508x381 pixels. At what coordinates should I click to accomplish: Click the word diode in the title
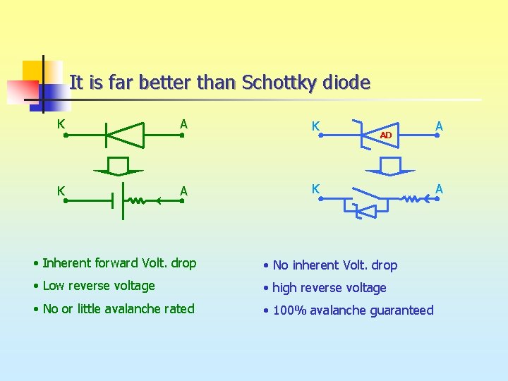pos(346,83)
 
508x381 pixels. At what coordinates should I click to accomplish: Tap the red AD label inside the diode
pos(385,135)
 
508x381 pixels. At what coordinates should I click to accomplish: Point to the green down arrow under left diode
pos(119,166)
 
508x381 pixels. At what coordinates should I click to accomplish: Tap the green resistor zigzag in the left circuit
pos(139,201)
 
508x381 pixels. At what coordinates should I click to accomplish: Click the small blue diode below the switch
pos(366,211)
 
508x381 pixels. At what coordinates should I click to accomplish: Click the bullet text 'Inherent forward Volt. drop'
pos(119,263)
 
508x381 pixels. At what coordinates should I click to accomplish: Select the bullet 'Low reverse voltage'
pos(98,286)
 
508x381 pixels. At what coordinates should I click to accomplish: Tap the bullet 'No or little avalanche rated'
pos(118,308)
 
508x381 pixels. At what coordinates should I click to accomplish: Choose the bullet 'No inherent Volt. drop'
pos(334,265)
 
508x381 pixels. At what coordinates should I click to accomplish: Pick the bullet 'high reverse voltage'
pos(329,288)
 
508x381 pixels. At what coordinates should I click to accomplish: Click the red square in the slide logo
pos(23,91)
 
